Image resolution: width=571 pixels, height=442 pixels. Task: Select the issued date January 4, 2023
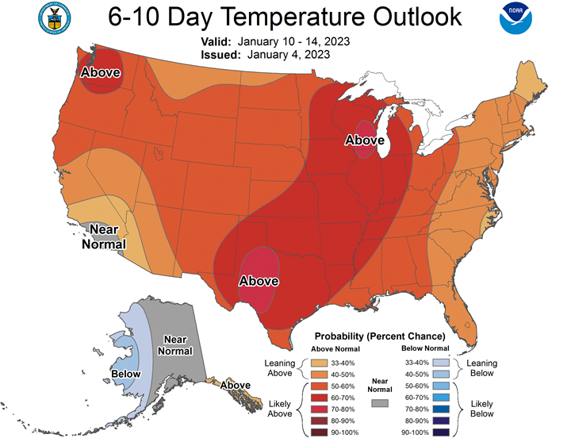pos(289,55)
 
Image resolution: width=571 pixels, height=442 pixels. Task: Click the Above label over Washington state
pos(101,73)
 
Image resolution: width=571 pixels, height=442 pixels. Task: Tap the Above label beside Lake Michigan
pos(364,140)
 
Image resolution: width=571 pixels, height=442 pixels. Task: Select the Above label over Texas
pos(259,281)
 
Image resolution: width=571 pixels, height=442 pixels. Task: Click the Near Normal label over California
pos(103,237)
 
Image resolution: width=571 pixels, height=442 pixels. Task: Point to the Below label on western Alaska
pos(125,374)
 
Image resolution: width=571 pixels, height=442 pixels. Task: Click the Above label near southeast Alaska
pos(236,386)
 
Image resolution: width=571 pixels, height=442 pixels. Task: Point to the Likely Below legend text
pos(482,408)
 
